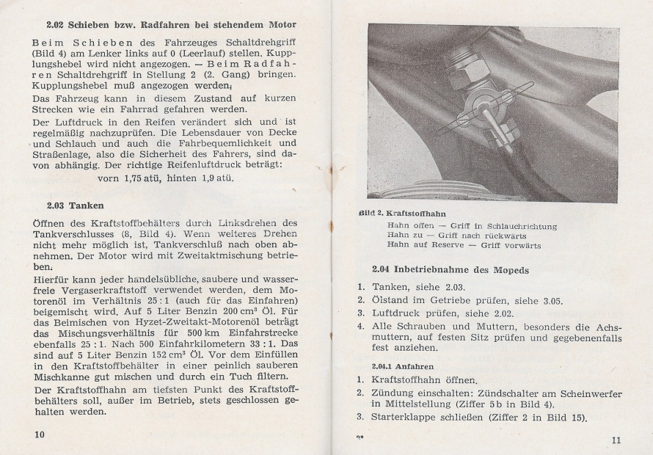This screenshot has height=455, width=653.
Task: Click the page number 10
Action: pyautogui.click(x=37, y=434)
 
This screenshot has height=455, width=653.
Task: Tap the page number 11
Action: pyautogui.click(x=616, y=440)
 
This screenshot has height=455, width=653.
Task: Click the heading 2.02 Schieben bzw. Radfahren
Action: pyautogui.click(x=171, y=25)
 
